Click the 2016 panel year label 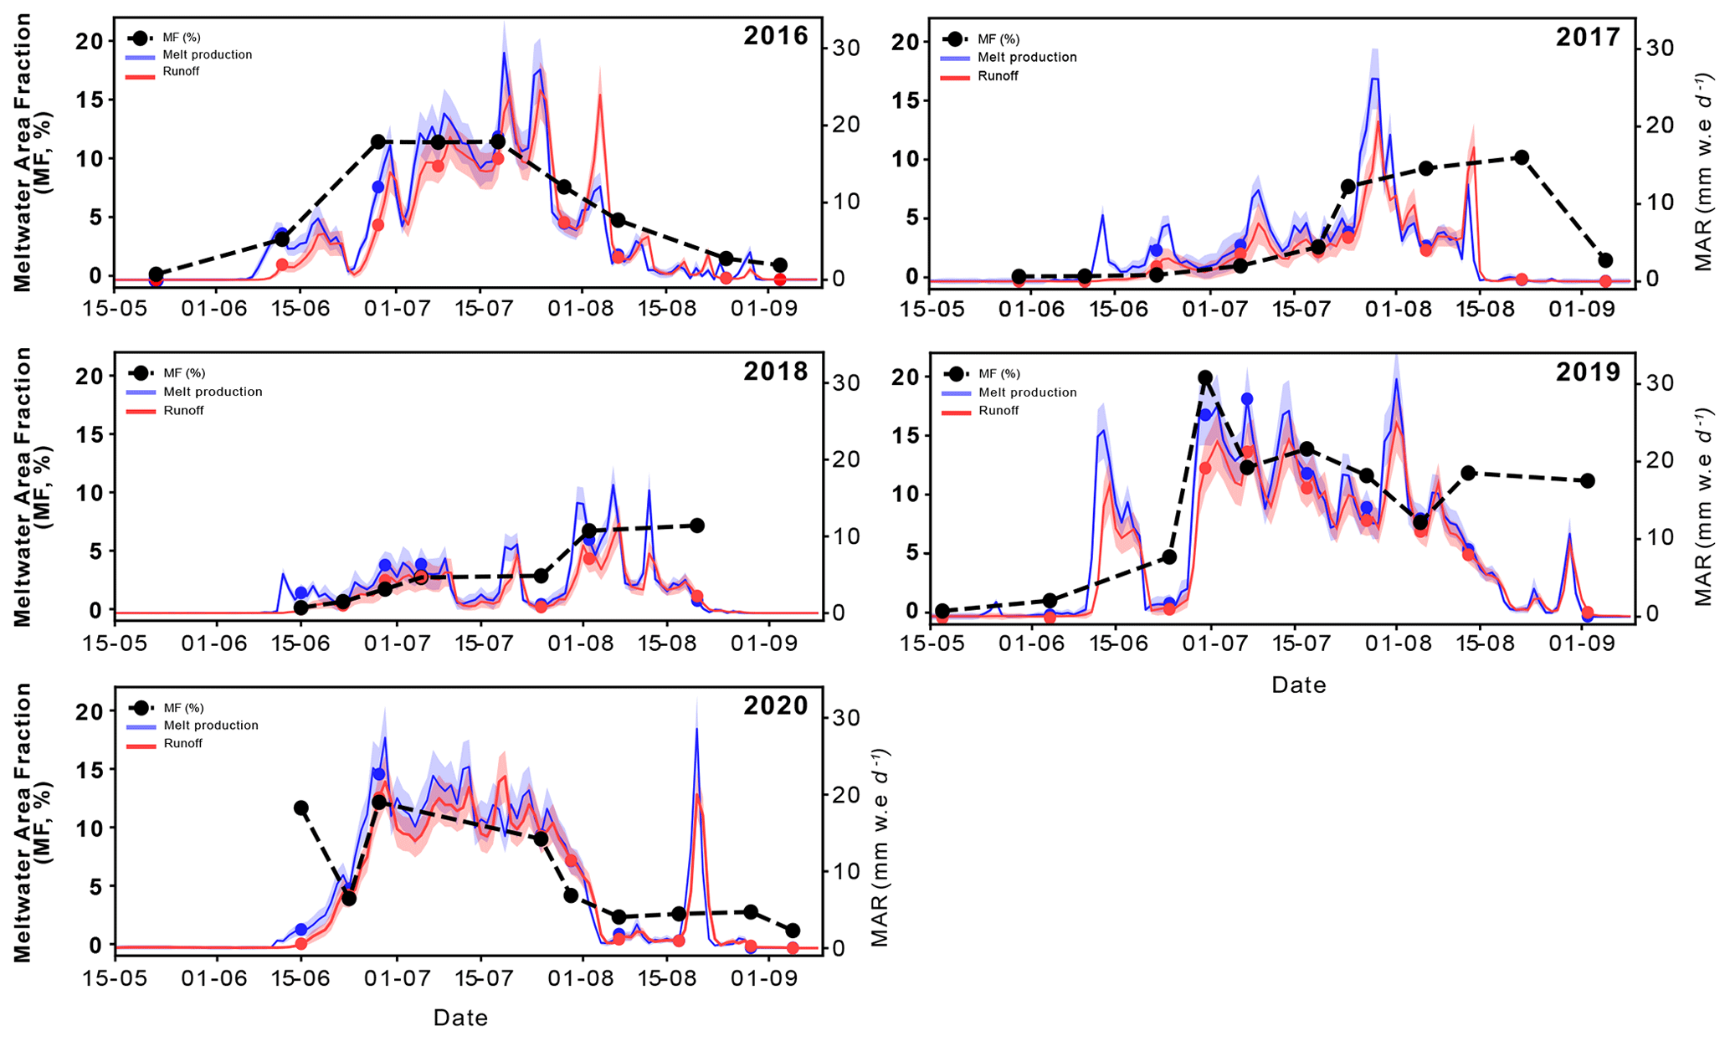click(x=776, y=36)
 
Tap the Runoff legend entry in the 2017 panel click(x=998, y=76)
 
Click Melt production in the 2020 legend click(x=211, y=726)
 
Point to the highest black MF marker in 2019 click(x=1205, y=378)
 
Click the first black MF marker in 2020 click(x=301, y=808)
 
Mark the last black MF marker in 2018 click(x=697, y=526)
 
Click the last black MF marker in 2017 click(x=1605, y=260)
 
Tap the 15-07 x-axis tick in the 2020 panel click(x=480, y=977)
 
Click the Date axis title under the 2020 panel click(x=460, y=1018)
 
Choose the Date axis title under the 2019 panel click(x=1298, y=685)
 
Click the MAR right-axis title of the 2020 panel click(x=880, y=848)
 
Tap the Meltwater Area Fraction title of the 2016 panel click(x=32, y=152)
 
